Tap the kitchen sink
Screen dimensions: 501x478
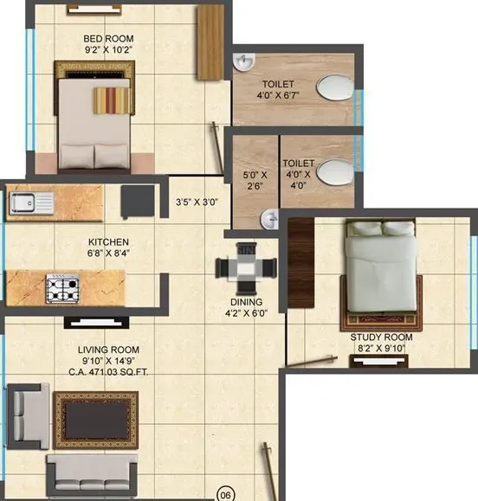(31, 203)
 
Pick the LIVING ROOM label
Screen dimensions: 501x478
(109, 350)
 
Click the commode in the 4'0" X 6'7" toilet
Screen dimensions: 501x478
(333, 88)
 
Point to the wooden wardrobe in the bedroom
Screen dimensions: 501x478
(211, 41)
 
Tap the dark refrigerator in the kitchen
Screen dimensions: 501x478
(138, 202)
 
